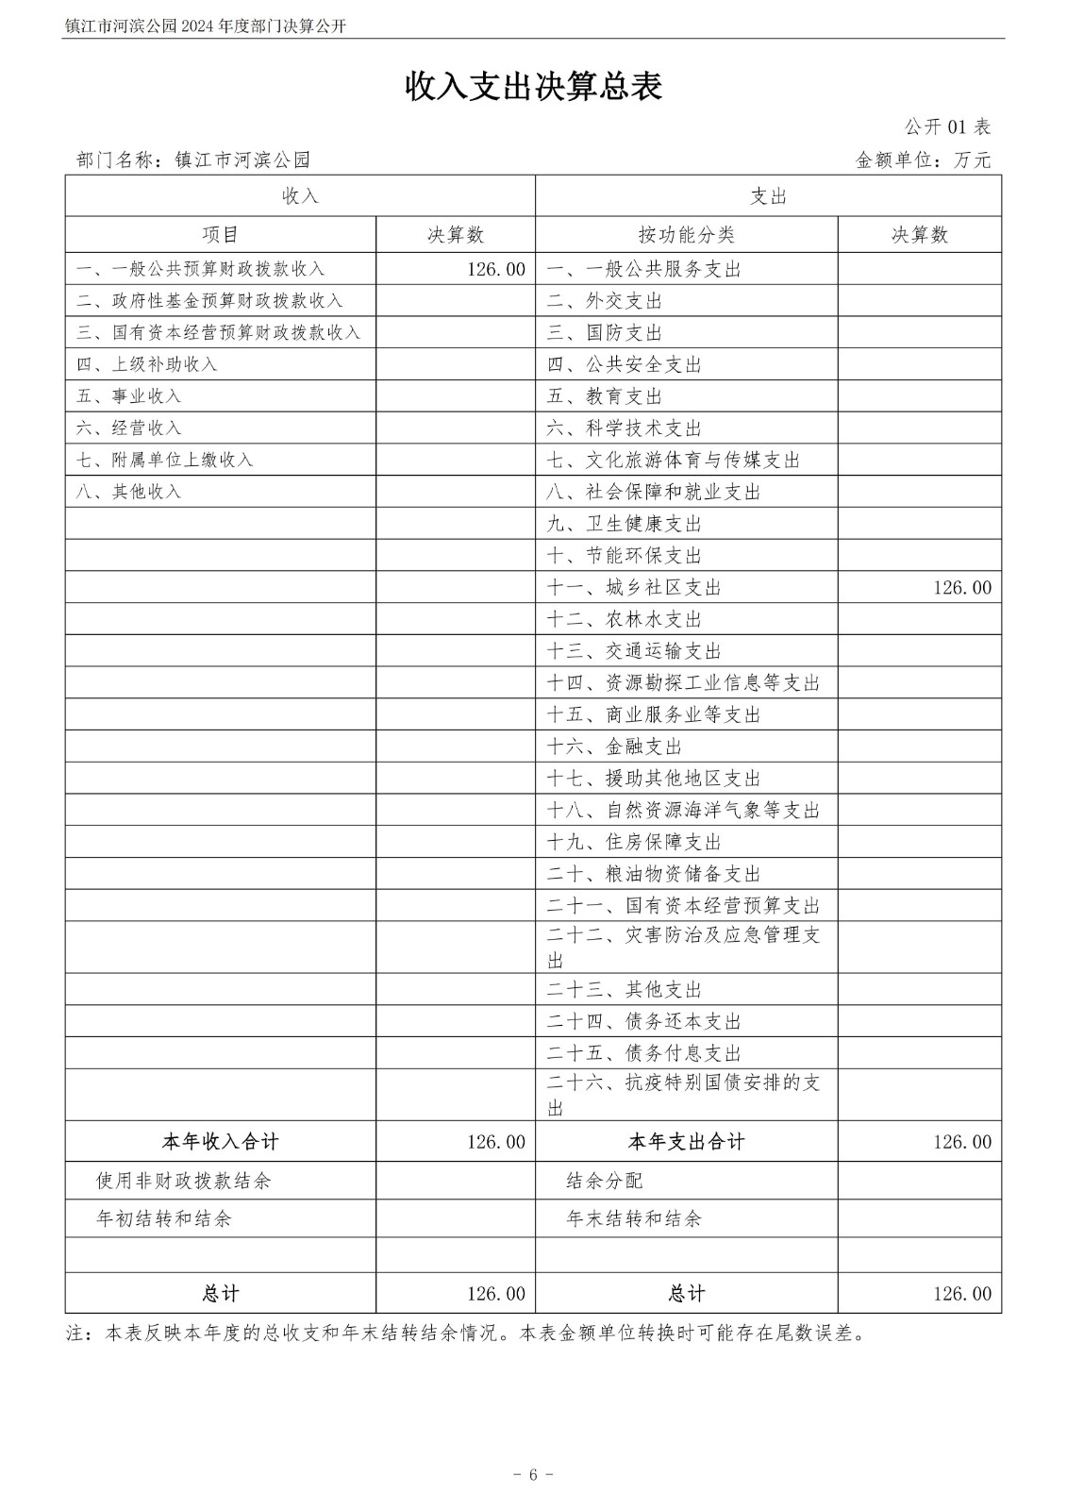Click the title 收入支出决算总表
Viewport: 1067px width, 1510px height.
(533, 87)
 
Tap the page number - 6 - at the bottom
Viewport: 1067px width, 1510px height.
(533, 1475)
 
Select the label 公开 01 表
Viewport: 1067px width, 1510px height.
(947, 127)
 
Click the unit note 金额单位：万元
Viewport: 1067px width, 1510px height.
(923, 160)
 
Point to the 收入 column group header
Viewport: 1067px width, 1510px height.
(300, 196)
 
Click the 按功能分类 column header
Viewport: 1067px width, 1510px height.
(686, 235)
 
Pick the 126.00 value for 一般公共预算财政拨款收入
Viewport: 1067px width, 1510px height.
(495, 269)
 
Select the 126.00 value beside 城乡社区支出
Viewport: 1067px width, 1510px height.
(962, 588)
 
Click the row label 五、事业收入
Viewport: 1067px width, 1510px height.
(128, 396)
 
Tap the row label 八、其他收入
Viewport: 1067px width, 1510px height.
(128, 492)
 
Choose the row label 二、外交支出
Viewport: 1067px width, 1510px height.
(605, 301)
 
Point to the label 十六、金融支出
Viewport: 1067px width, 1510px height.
(614, 747)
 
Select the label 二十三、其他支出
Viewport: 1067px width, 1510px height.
(625, 990)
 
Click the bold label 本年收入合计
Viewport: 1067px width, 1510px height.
(220, 1142)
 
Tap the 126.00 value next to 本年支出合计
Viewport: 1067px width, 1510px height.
(962, 1142)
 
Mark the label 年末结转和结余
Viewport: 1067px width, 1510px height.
(634, 1218)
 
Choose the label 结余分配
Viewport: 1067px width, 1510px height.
(605, 1181)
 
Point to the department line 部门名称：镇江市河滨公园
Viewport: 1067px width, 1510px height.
(192, 160)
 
